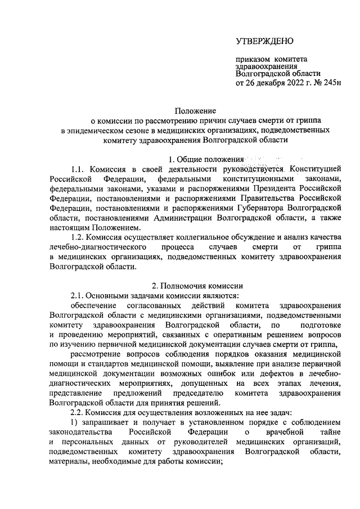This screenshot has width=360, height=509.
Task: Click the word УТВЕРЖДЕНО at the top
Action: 264,40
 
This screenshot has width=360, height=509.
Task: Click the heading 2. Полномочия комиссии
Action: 195,285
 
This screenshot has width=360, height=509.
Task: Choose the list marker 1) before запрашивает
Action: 74,422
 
